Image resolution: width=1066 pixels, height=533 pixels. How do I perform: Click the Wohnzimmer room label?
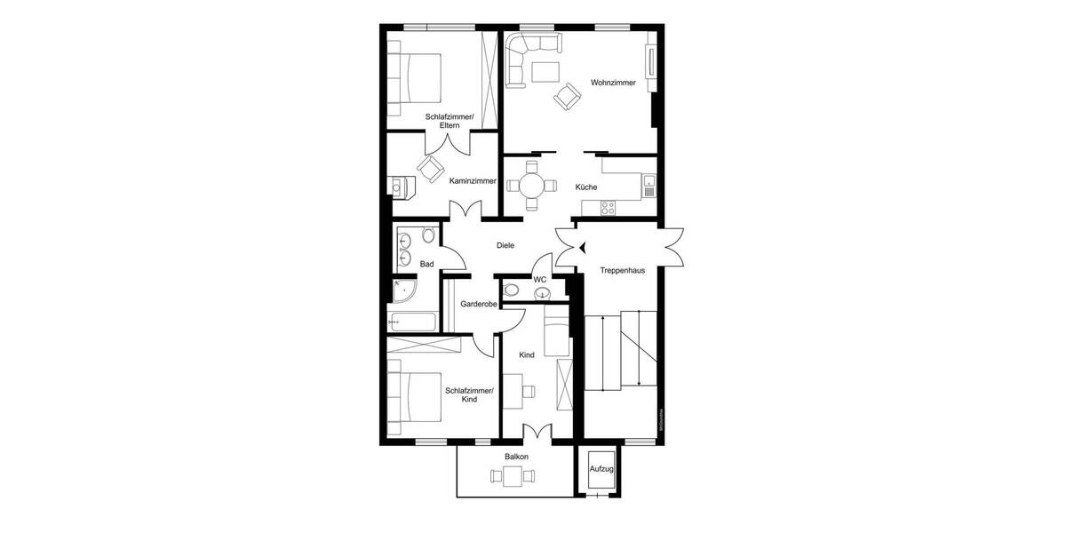[613, 84]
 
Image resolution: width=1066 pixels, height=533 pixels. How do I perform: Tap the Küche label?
[585, 187]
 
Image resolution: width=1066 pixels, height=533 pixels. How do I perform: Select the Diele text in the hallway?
[505, 246]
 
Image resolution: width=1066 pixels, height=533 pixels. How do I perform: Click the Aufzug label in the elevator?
[601, 467]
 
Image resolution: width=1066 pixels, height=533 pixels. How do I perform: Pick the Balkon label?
[516, 457]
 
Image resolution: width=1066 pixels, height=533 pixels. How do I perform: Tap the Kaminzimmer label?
[473, 181]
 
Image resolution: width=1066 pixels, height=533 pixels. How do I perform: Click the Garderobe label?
[478, 305]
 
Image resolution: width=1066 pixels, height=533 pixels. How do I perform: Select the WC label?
[539, 280]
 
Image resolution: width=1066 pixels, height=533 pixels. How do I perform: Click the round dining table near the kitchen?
[532, 186]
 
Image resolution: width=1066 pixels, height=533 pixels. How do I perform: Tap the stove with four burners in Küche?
[609, 208]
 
